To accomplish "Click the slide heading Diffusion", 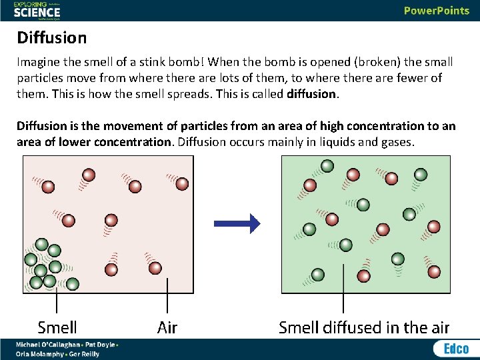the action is point(52,37).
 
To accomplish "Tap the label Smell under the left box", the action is point(57,327).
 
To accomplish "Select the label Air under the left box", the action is point(167,327).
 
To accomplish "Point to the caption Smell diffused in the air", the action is point(364,327).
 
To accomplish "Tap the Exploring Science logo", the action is point(37,10).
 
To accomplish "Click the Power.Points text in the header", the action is point(436,11).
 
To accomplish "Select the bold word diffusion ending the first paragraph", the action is point(311,94).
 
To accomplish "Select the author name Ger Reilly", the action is point(83,354).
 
